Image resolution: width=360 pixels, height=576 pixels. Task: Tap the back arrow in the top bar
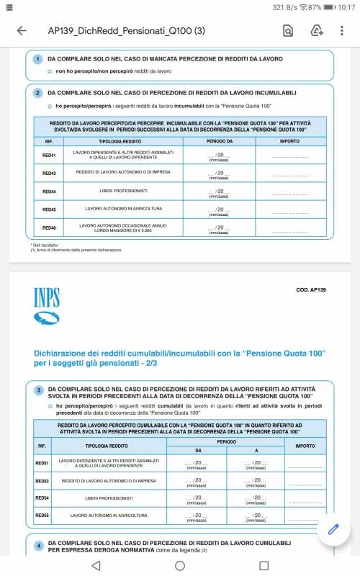[21, 31]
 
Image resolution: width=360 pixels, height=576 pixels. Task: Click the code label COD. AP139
[312, 289]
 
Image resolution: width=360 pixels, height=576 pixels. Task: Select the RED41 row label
[49, 155]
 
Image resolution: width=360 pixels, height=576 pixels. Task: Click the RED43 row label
[49, 174]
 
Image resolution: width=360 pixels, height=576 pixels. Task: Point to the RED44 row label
[49, 192]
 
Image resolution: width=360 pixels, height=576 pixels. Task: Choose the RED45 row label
[49, 210]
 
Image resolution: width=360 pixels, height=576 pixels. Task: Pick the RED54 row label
[42, 498]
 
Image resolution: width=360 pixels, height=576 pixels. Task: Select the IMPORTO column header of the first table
[290, 142]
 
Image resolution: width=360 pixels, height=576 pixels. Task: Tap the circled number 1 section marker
[38, 58]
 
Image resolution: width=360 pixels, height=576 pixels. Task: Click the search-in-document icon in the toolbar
[287, 31]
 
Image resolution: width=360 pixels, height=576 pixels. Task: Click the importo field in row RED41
[290, 156]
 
